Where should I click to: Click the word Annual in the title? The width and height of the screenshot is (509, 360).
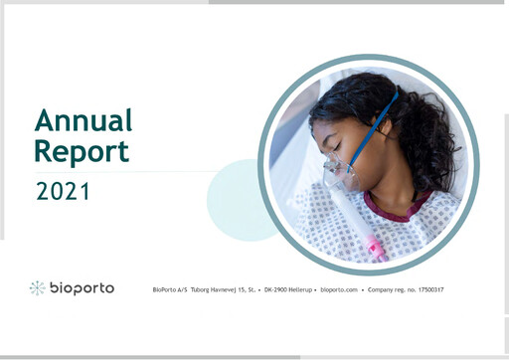(84, 120)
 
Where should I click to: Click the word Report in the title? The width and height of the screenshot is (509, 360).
(82, 151)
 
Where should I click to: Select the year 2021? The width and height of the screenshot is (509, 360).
(63, 191)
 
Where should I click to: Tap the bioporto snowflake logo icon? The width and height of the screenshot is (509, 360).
(38, 288)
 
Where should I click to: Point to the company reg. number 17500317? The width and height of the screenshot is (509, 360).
(425, 289)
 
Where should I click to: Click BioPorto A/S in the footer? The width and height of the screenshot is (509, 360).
(163, 289)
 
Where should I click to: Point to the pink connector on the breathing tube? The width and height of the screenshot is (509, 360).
(375, 246)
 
